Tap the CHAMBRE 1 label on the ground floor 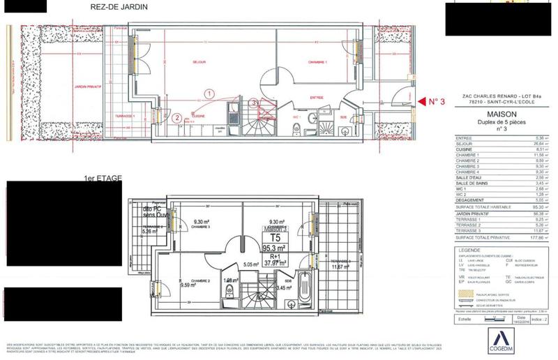(x=318, y=62)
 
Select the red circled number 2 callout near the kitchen (x=178, y=117)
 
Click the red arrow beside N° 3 (x=422, y=102)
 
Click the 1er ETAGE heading (x=102, y=179)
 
